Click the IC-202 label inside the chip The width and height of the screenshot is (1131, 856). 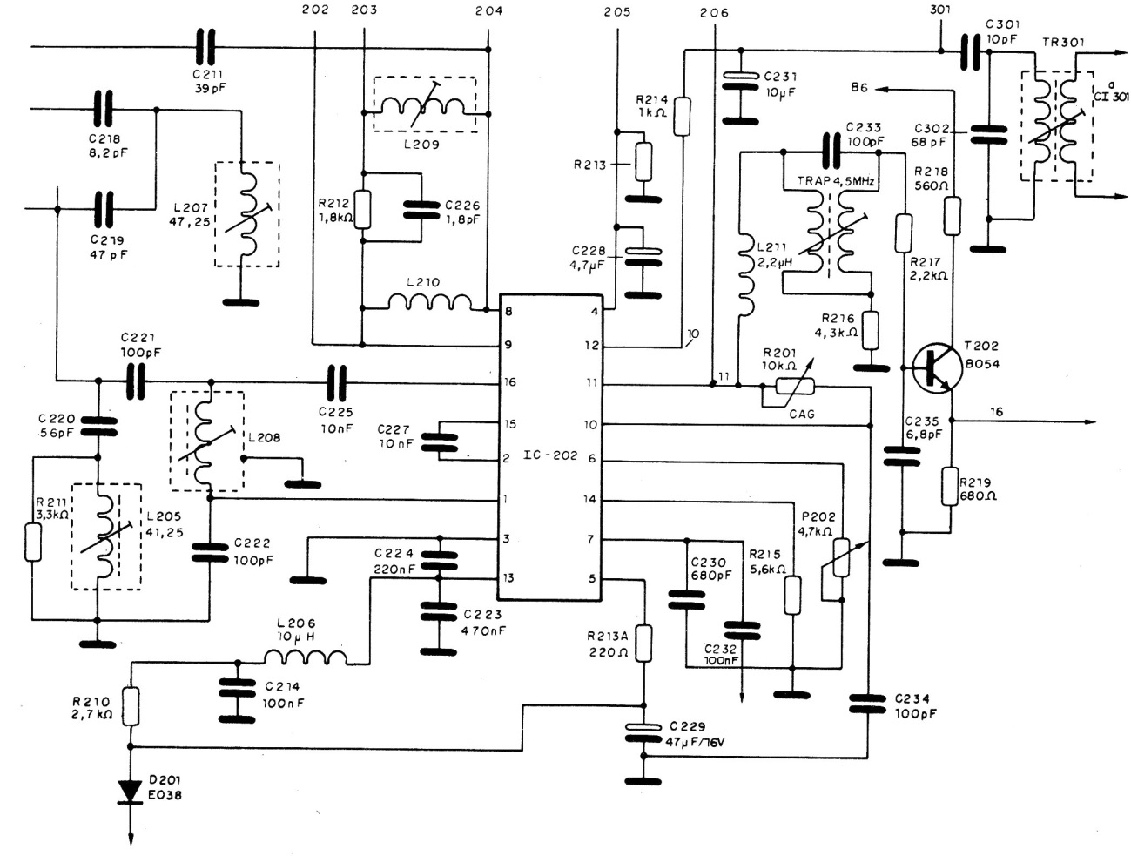tap(551, 455)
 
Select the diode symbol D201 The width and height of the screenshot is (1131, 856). tap(131, 791)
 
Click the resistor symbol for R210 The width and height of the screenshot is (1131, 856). tap(131, 705)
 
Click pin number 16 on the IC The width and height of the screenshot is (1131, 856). tap(509, 382)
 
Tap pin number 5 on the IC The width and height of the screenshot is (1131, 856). tap(593, 577)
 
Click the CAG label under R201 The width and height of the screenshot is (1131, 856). tap(801, 414)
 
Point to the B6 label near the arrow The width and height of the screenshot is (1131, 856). tap(859, 88)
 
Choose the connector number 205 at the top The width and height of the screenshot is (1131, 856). tap(616, 12)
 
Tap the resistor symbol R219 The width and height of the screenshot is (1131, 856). tap(951, 486)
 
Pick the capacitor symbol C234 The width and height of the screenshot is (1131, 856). tap(868, 704)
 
